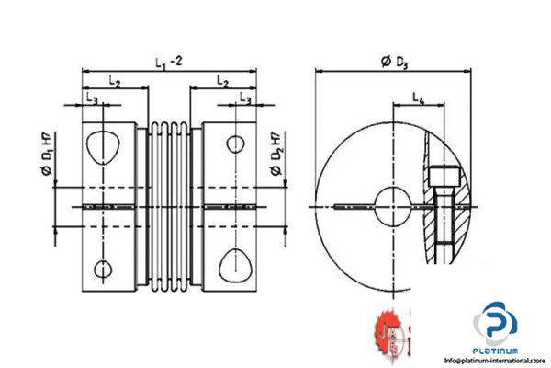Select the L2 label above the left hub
pos(115,82)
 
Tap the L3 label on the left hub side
pos(93,97)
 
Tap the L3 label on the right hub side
pos(244,97)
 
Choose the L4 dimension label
pos(418,96)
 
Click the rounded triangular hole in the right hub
pos(236,267)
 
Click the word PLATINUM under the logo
pos(500,351)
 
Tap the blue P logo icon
pos(498,325)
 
